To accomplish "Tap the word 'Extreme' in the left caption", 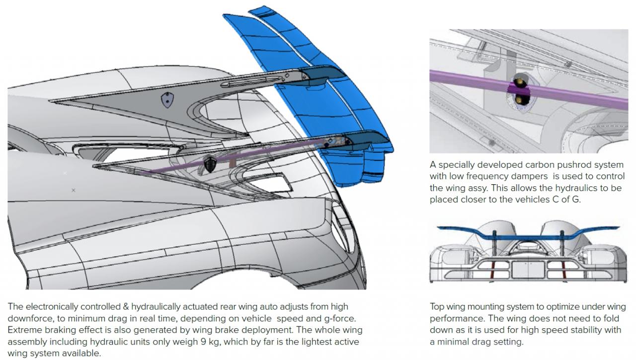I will tap(23, 330).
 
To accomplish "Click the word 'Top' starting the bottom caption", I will tap(437, 306).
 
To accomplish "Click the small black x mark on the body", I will tap(74, 190).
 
